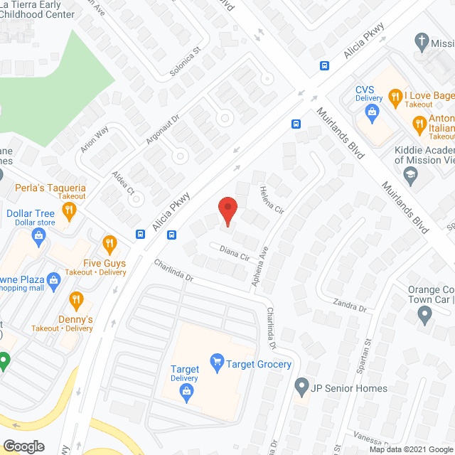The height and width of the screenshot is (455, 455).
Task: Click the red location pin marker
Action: click(227, 211)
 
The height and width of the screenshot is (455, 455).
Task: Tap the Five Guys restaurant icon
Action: click(109, 245)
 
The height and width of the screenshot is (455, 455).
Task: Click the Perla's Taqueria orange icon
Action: click(68, 210)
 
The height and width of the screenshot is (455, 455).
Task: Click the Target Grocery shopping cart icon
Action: click(216, 364)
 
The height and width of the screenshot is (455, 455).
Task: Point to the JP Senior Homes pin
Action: click(302, 388)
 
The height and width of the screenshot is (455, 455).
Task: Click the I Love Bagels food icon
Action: click(395, 96)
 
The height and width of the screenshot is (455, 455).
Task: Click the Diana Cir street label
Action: click(234, 252)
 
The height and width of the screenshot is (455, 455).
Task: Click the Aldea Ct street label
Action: click(122, 182)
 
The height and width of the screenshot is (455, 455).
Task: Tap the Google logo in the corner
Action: click(23, 446)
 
